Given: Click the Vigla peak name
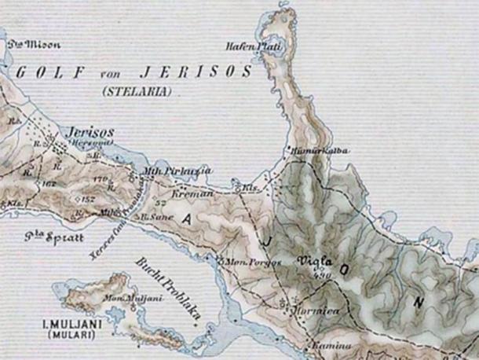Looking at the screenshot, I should click(314, 261).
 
